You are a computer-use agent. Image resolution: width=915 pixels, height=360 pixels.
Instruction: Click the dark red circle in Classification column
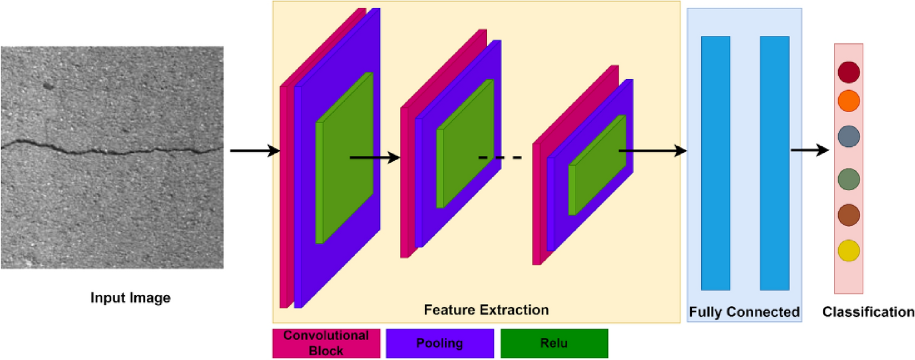[x=849, y=72]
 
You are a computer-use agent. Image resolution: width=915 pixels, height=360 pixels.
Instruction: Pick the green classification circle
[x=849, y=180]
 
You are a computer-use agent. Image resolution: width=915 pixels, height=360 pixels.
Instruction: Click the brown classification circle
[x=849, y=215]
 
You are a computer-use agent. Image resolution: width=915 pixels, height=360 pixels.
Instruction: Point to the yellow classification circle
[x=849, y=250]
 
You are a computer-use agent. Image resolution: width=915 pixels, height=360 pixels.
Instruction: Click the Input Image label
[x=130, y=298]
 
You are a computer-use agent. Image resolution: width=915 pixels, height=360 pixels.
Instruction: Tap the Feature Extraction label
[x=486, y=309]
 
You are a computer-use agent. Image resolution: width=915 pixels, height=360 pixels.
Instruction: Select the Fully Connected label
[x=744, y=312]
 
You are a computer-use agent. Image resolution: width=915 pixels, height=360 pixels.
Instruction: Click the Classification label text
[x=868, y=312]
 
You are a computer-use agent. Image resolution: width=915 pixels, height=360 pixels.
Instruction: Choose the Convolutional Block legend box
[x=326, y=343]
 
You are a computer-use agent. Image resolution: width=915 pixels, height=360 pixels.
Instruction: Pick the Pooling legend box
[x=439, y=343]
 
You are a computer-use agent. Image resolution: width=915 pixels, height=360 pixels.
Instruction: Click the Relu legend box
[x=554, y=343]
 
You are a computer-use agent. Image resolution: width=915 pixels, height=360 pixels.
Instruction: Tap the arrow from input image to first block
[x=253, y=151]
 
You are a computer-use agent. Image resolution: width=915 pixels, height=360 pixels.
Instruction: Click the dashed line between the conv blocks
[x=500, y=158]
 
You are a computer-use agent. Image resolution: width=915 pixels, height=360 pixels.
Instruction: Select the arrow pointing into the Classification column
[x=810, y=150]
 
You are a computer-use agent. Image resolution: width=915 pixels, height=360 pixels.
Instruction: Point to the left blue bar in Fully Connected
[x=715, y=163]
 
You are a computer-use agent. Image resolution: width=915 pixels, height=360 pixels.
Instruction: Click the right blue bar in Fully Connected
[x=774, y=163]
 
